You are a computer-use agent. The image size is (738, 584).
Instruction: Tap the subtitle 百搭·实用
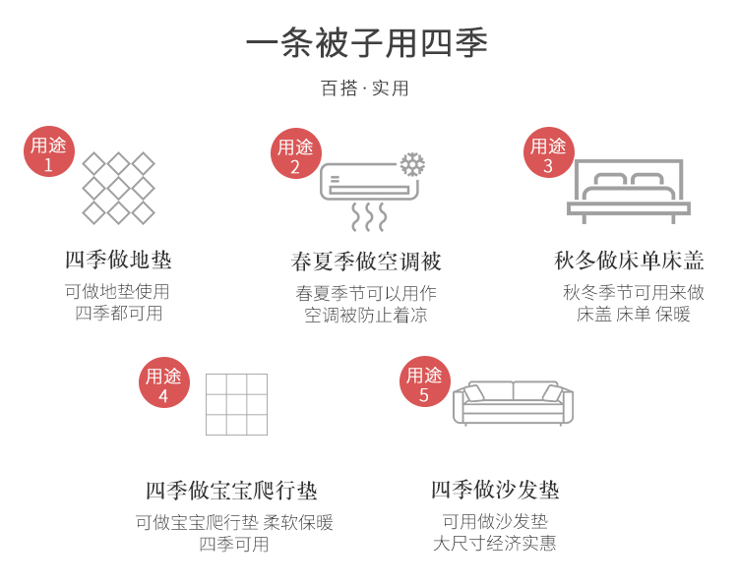[365, 88]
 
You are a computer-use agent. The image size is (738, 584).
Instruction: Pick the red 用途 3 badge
[548, 153]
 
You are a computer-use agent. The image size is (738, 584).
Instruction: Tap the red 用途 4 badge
[163, 382]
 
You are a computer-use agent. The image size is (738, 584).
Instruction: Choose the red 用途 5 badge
[424, 381]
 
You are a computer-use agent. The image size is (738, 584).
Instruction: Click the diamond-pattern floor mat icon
[118, 188]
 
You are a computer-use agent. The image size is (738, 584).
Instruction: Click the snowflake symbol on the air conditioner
[412, 164]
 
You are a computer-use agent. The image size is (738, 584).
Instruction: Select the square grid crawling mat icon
[236, 404]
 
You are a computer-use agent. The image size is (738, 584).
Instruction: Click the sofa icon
[513, 402]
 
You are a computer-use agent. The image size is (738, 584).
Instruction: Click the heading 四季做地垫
[118, 261]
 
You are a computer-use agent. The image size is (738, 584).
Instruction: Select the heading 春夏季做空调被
[366, 262]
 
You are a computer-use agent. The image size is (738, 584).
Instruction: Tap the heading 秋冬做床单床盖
[630, 261]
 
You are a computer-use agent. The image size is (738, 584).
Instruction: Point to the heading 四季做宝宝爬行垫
[231, 491]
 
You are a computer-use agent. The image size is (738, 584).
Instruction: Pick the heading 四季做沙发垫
[495, 490]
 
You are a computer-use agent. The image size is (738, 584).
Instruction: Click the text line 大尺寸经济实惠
[495, 544]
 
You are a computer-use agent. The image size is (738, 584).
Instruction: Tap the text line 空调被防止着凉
[366, 315]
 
